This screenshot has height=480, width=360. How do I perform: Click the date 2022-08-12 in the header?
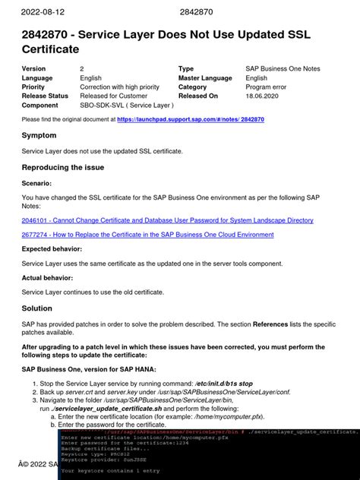click(43, 12)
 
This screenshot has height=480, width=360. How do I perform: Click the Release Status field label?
click(45, 96)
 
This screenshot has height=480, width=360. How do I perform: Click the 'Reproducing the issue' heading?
click(63, 167)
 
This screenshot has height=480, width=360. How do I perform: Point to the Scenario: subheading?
click(37, 183)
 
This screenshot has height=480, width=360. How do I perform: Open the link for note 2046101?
click(167, 220)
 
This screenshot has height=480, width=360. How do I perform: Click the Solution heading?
click(36, 308)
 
